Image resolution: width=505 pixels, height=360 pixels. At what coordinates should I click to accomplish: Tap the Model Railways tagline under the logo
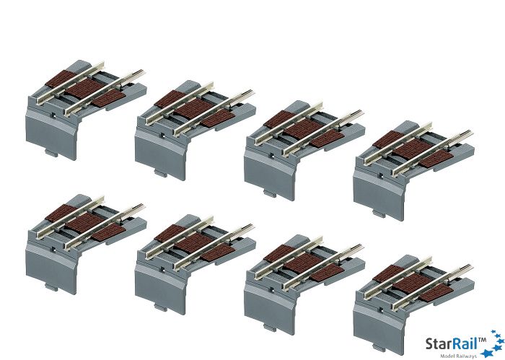click(x=459, y=356)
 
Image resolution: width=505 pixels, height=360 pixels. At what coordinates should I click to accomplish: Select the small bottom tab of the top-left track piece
click(x=51, y=153)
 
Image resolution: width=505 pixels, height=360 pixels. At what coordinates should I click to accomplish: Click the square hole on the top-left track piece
click(x=53, y=115)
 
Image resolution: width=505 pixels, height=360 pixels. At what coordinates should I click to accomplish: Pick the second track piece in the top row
click(x=196, y=130)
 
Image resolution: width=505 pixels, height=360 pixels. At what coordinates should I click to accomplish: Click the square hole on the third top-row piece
click(x=272, y=155)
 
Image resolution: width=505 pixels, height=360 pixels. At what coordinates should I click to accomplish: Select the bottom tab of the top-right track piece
click(x=379, y=213)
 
